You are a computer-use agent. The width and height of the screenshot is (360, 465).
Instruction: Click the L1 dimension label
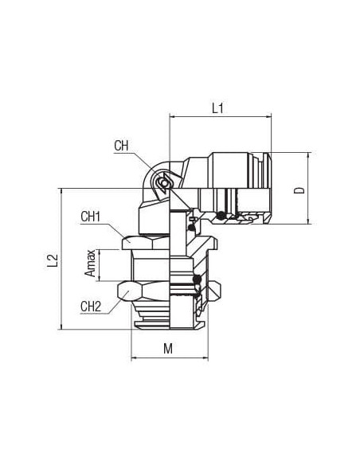[x=217, y=108]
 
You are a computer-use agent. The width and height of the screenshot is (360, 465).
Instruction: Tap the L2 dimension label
[x=53, y=260]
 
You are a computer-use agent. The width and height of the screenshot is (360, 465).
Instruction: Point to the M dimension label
[x=168, y=348]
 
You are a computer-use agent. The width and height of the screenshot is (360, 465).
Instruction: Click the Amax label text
[x=90, y=264]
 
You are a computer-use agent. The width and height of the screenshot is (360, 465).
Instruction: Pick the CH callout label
[x=121, y=146]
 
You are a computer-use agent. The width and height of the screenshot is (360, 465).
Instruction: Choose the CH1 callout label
[x=91, y=217]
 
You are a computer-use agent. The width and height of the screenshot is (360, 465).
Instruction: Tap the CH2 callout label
[x=91, y=307]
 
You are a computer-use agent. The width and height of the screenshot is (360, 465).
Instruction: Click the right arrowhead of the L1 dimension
[x=268, y=116]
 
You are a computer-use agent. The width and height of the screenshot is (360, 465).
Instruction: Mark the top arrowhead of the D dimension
[x=308, y=154]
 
